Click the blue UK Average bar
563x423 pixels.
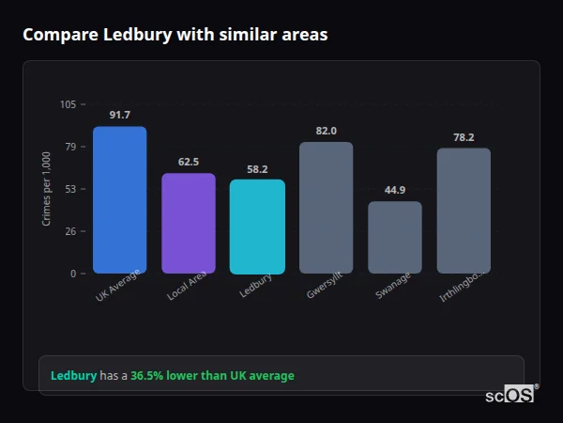point(120,200)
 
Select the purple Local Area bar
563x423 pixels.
point(189,224)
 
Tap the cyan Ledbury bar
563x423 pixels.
point(257,227)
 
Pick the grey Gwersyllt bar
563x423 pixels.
point(326,208)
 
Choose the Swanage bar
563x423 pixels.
point(395,238)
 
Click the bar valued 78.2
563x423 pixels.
point(464,211)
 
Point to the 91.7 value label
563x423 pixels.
point(120,115)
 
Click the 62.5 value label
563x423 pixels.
point(189,162)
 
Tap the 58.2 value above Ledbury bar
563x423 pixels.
point(257,169)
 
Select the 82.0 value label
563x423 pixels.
point(326,131)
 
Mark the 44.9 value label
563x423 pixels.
point(395,190)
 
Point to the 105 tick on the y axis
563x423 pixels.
point(68,104)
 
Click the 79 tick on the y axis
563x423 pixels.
point(70,147)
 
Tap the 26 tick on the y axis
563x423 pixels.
point(70,231)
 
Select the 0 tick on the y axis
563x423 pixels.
point(73,274)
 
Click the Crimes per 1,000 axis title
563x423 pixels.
point(47,189)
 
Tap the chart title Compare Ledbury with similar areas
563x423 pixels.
point(175,35)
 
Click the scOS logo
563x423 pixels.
point(510,395)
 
